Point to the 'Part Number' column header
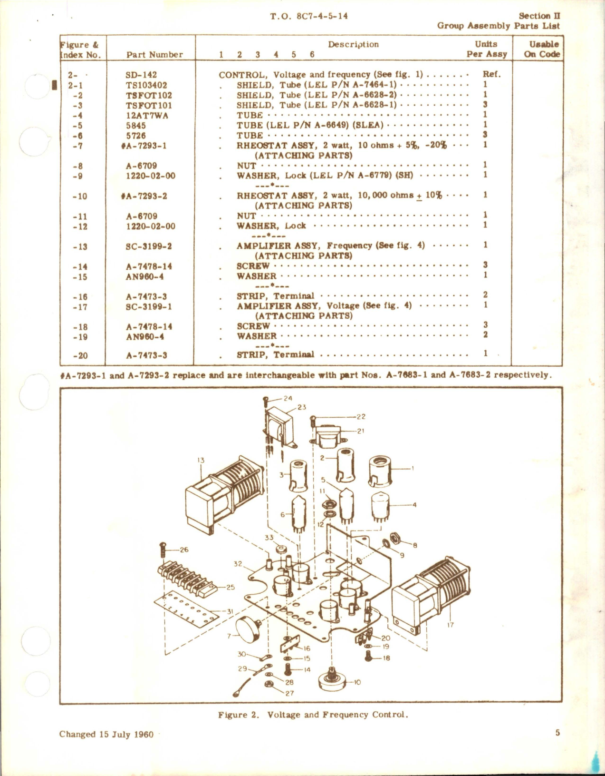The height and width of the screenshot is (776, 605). (154, 55)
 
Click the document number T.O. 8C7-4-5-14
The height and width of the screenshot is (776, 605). (309, 16)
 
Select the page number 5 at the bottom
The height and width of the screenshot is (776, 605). (557, 733)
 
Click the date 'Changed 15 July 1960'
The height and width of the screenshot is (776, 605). (106, 734)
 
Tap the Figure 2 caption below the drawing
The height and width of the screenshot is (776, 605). (313, 715)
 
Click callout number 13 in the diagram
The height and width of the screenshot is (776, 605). (201, 460)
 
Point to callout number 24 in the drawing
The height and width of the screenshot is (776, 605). (288, 399)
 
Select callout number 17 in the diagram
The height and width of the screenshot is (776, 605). (450, 625)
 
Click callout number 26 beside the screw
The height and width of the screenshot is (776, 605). (184, 550)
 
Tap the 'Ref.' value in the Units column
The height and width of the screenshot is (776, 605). (491, 74)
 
